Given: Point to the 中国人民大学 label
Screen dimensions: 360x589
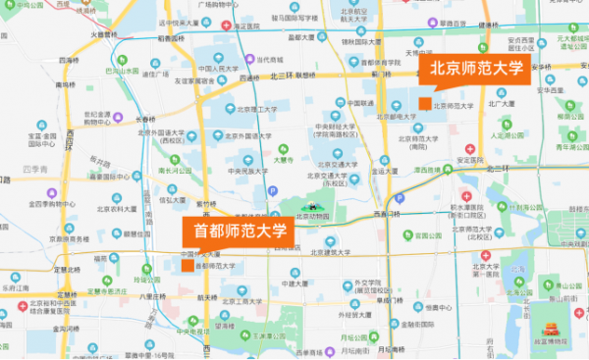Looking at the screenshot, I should point(218,69).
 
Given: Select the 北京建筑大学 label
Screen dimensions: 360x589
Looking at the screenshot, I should point(328,252).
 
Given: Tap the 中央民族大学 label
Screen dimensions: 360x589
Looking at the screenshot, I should point(245,171).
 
